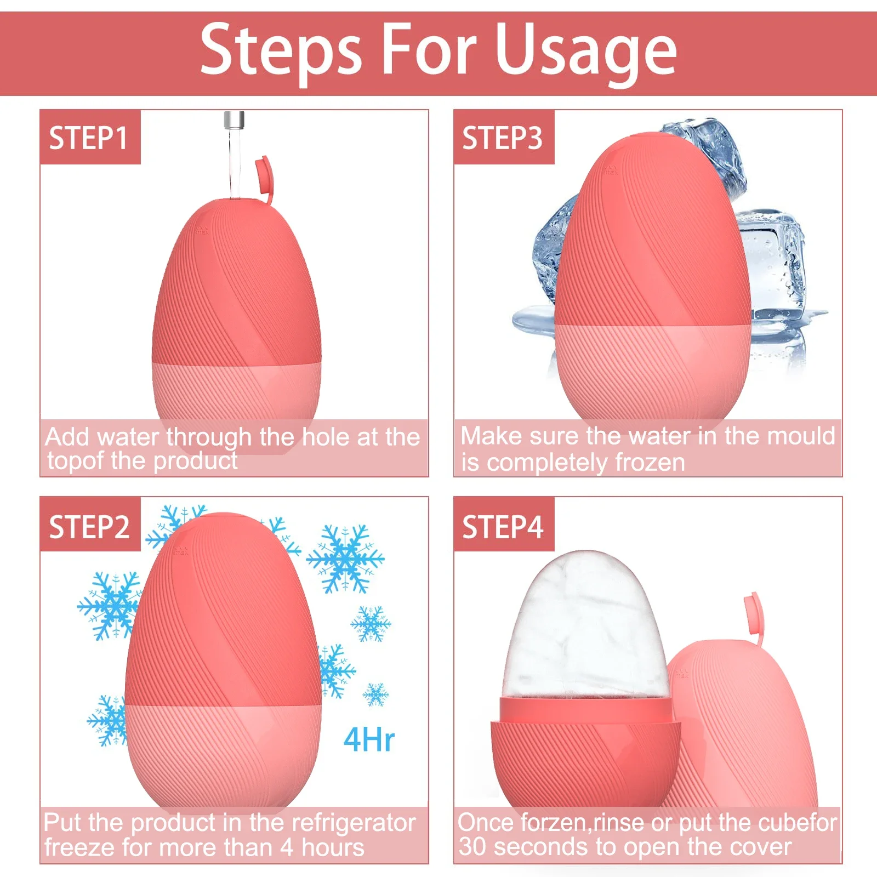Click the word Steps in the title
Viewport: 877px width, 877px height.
tap(281, 50)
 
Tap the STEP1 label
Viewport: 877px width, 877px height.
tap(89, 138)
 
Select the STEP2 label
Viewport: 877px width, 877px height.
tap(89, 527)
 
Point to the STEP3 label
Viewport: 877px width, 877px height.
tap(503, 138)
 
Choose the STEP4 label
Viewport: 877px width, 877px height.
tap(503, 527)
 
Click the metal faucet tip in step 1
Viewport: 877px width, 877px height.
tap(234, 119)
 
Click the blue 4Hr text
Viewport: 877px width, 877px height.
tap(369, 739)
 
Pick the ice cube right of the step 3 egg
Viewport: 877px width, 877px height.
tap(773, 269)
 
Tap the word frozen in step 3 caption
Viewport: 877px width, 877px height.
tap(650, 463)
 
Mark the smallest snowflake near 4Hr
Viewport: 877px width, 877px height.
tap(376, 694)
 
